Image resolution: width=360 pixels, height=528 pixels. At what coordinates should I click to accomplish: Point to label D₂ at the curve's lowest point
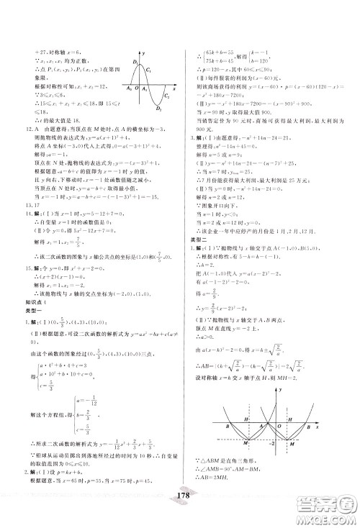tap(158, 110)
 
